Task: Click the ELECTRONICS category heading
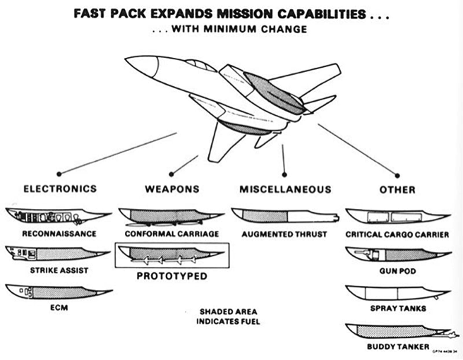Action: [x=59, y=189]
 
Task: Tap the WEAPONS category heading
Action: [x=172, y=189]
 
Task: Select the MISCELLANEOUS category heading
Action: [x=284, y=189]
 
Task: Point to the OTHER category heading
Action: [x=397, y=189]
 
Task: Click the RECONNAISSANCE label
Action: [x=59, y=232]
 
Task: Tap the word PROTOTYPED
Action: [x=172, y=275]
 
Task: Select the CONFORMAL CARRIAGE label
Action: [x=172, y=234]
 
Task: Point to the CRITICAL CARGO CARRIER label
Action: [x=397, y=234]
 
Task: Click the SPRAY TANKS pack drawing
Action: [x=395, y=292]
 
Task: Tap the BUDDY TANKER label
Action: [x=397, y=347]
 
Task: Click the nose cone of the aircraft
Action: [x=138, y=67]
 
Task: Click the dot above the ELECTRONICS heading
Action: [x=59, y=174]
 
